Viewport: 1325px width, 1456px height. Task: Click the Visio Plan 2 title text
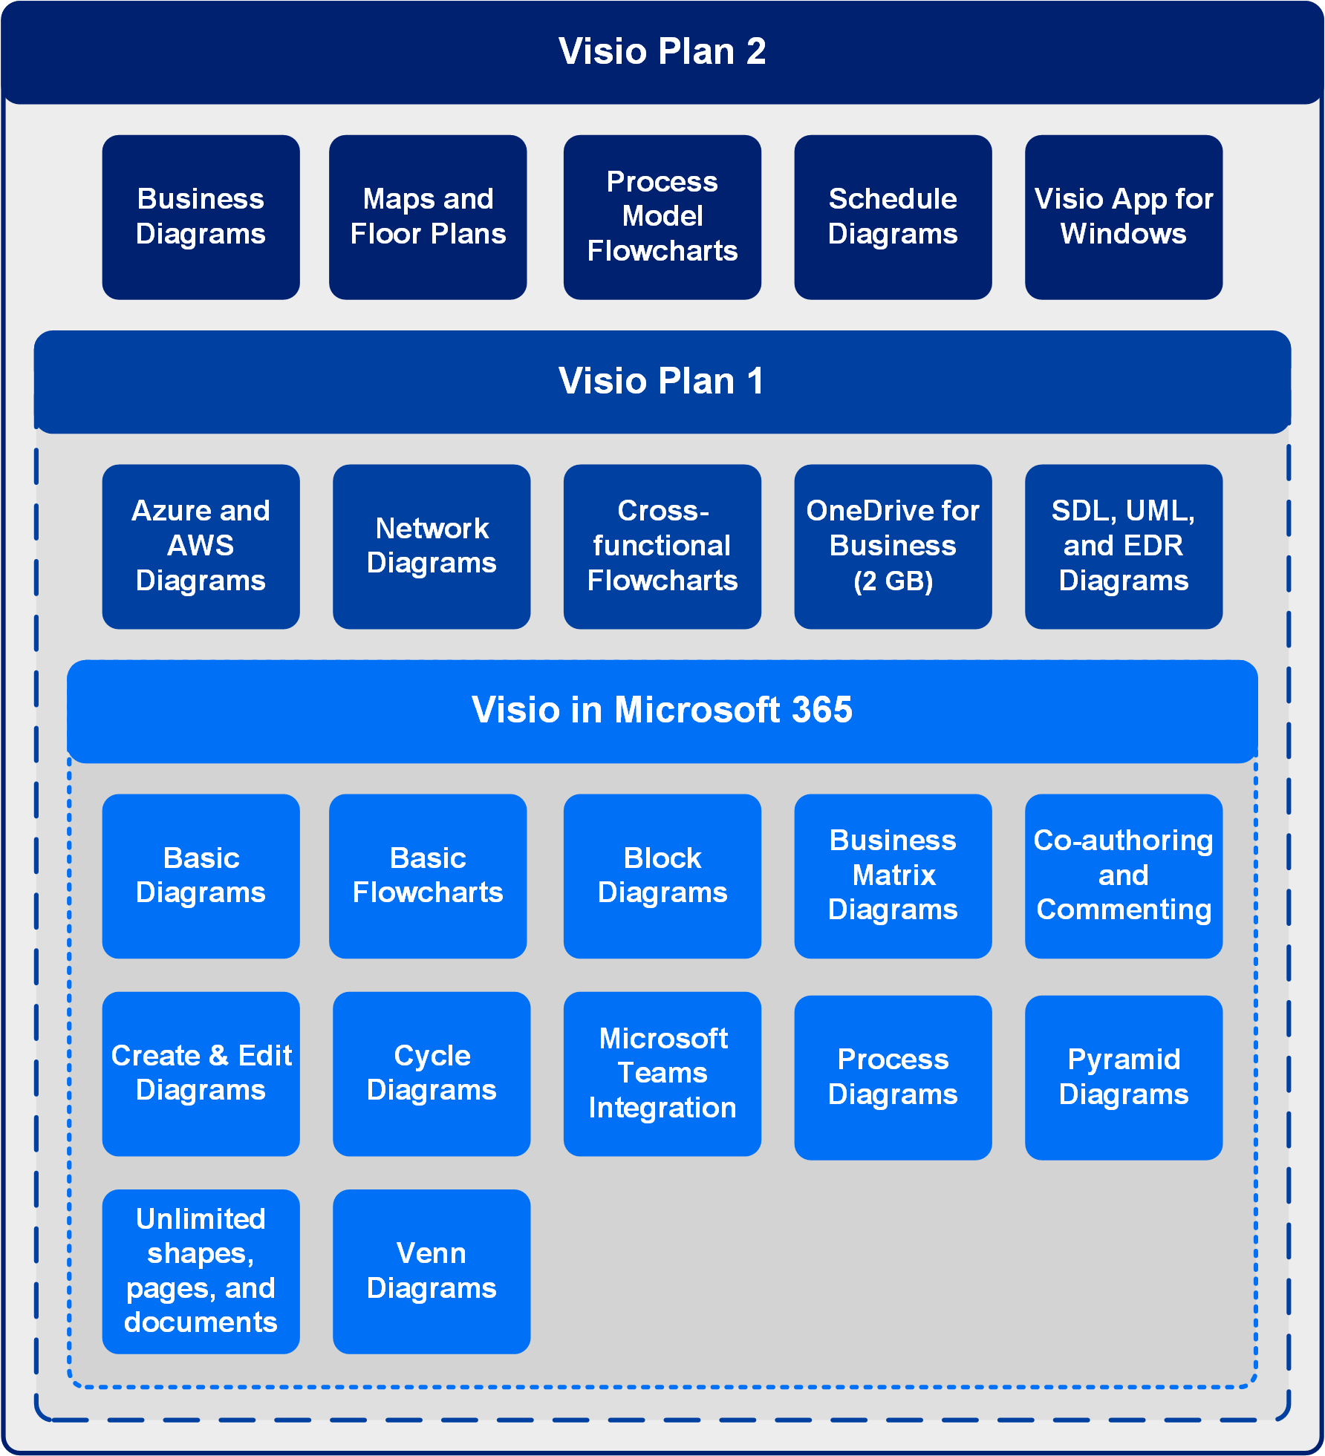click(x=662, y=51)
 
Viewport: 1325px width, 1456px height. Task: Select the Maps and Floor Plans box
click(x=428, y=217)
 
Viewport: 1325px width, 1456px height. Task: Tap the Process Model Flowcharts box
click(x=662, y=217)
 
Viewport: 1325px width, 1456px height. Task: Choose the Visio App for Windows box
click(x=1123, y=217)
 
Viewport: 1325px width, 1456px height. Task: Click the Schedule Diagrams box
click(x=893, y=217)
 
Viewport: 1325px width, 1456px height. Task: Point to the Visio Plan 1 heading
click(x=662, y=381)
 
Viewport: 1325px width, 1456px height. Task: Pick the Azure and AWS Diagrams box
click(x=201, y=546)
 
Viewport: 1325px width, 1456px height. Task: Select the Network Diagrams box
click(x=432, y=546)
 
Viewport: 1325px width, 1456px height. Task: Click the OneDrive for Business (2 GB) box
click(x=893, y=546)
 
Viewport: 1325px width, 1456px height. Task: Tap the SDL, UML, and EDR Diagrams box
click(x=1123, y=546)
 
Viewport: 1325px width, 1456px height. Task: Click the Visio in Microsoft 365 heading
click(x=662, y=710)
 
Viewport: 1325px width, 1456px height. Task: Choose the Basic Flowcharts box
click(x=428, y=875)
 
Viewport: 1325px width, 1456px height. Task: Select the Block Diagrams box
click(x=662, y=875)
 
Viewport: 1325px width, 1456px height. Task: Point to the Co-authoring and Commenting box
click(x=1123, y=875)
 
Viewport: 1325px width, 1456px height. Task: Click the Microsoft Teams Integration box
click(x=662, y=1073)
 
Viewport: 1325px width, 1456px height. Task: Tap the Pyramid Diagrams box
click(x=1123, y=1077)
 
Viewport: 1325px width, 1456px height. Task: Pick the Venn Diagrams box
click(x=432, y=1270)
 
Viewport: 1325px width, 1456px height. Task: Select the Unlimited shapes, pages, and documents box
click(x=201, y=1270)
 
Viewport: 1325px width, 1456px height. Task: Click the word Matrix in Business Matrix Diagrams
click(x=893, y=875)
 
